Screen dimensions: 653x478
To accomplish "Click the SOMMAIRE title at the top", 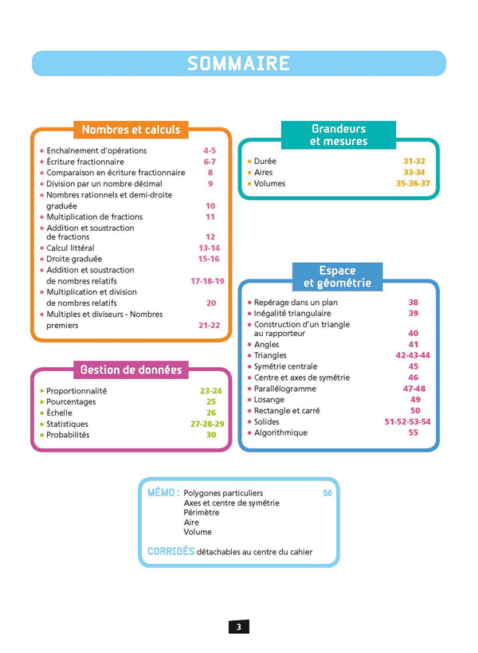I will pos(238,64).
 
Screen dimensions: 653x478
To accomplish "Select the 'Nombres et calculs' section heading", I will pos(131,129).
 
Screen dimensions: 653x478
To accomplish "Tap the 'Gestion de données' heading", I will pos(131,370).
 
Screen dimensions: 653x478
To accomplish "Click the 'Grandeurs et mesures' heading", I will pos(339,135).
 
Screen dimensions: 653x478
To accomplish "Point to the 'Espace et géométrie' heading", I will pos(338,276).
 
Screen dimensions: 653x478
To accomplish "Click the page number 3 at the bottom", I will pos(238,627).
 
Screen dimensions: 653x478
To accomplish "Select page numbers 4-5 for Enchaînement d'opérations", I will pos(210,151).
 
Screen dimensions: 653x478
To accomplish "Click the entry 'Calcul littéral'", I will pos(70,248).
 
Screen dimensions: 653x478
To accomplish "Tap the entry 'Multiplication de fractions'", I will pos(94,217).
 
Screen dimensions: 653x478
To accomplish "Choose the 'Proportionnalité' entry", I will pos(76,391).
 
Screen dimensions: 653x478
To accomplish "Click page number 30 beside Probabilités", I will pos(211,435).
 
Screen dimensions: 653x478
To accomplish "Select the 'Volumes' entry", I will pos(269,183).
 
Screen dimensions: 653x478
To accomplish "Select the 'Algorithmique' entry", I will pos(280,432).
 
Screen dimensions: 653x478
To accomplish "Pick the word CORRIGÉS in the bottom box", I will pos(170,551).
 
